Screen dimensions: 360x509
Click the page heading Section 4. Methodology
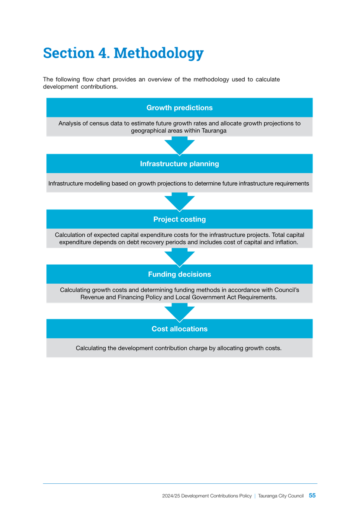click(123, 54)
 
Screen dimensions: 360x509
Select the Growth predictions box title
click(179, 108)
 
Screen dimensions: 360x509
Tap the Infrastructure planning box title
click(179, 164)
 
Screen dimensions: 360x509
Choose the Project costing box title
click(179, 219)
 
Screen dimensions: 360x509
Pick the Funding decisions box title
click(179, 274)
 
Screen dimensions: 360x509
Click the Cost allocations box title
click(179, 329)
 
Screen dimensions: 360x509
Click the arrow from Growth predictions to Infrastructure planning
click(179, 146)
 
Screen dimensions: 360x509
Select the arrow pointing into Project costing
click(179, 202)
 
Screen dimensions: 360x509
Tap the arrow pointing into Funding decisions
click(179, 257)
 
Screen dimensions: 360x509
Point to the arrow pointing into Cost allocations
click(179, 313)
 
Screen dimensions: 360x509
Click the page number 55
click(312, 495)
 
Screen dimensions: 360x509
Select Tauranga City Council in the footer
click(281, 496)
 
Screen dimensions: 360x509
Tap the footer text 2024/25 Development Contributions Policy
click(207, 496)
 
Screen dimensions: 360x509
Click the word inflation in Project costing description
click(286, 242)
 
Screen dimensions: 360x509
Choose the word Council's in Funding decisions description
click(287, 290)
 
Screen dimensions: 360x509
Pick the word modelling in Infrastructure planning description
click(97, 183)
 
